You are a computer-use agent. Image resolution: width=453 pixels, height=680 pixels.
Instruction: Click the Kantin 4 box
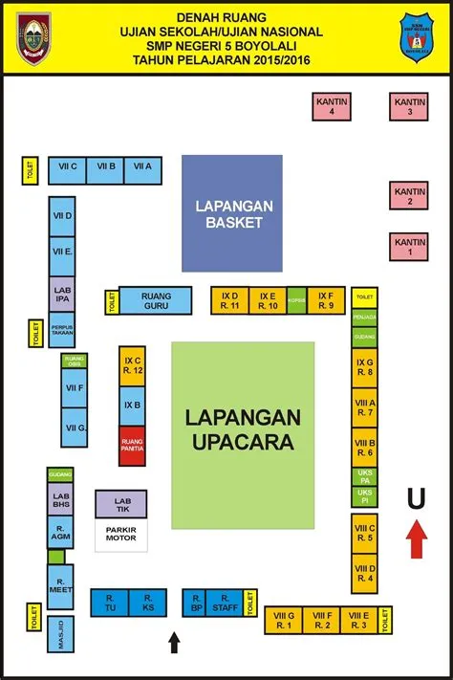pyautogui.click(x=331, y=105)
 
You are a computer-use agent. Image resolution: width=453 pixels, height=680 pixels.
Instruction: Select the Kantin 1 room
pyautogui.click(x=410, y=247)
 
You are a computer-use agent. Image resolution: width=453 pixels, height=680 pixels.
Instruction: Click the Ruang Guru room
pyautogui.click(x=156, y=301)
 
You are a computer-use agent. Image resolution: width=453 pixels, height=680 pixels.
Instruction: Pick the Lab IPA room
pyautogui.click(x=63, y=294)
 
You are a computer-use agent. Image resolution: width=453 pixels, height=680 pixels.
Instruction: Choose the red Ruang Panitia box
pyautogui.click(x=132, y=447)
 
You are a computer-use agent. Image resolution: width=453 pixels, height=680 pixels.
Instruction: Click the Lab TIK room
pyautogui.click(x=120, y=504)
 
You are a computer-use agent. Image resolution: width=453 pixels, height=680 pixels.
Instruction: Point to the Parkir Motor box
pyautogui.click(x=120, y=536)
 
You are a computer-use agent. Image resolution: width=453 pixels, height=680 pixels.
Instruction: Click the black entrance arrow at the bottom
pyautogui.click(x=173, y=641)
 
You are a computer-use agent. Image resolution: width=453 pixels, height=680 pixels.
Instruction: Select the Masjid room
pyautogui.click(x=58, y=637)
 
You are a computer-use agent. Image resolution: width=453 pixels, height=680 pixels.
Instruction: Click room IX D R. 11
pyautogui.click(x=229, y=301)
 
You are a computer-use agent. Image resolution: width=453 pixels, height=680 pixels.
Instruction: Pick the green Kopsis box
pyautogui.click(x=296, y=301)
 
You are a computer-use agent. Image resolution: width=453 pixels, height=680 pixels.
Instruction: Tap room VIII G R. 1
pyautogui.click(x=283, y=621)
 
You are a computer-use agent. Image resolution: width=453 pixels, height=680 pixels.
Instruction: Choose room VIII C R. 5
pyautogui.click(x=364, y=532)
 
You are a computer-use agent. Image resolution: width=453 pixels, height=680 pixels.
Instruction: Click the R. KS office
pyautogui.click(x=147, y=603)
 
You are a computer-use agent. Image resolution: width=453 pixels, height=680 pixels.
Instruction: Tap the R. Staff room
pyautogui.click(x=225, y=603)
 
